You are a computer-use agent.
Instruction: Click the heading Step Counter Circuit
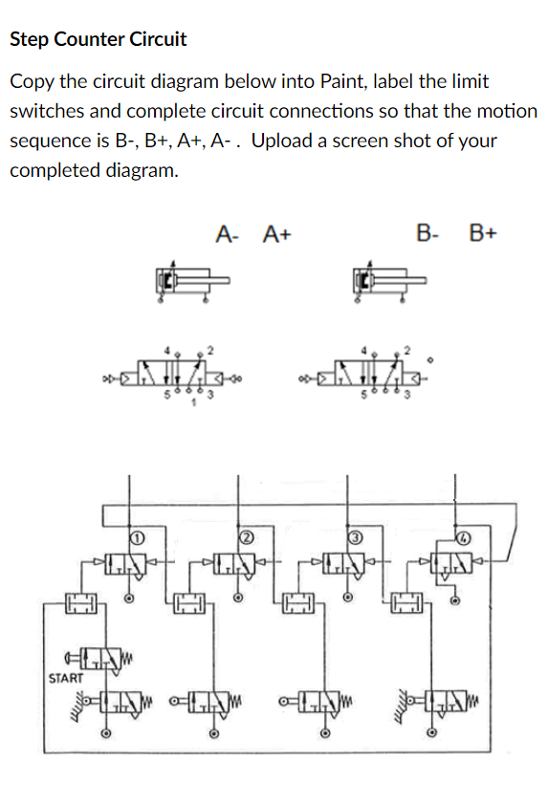(98, 39)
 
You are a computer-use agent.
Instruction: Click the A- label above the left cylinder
(227, 232)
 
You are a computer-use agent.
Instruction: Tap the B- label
(429, 232)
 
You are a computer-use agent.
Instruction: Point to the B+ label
(484, 232)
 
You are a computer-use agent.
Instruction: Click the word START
(65, 677)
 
